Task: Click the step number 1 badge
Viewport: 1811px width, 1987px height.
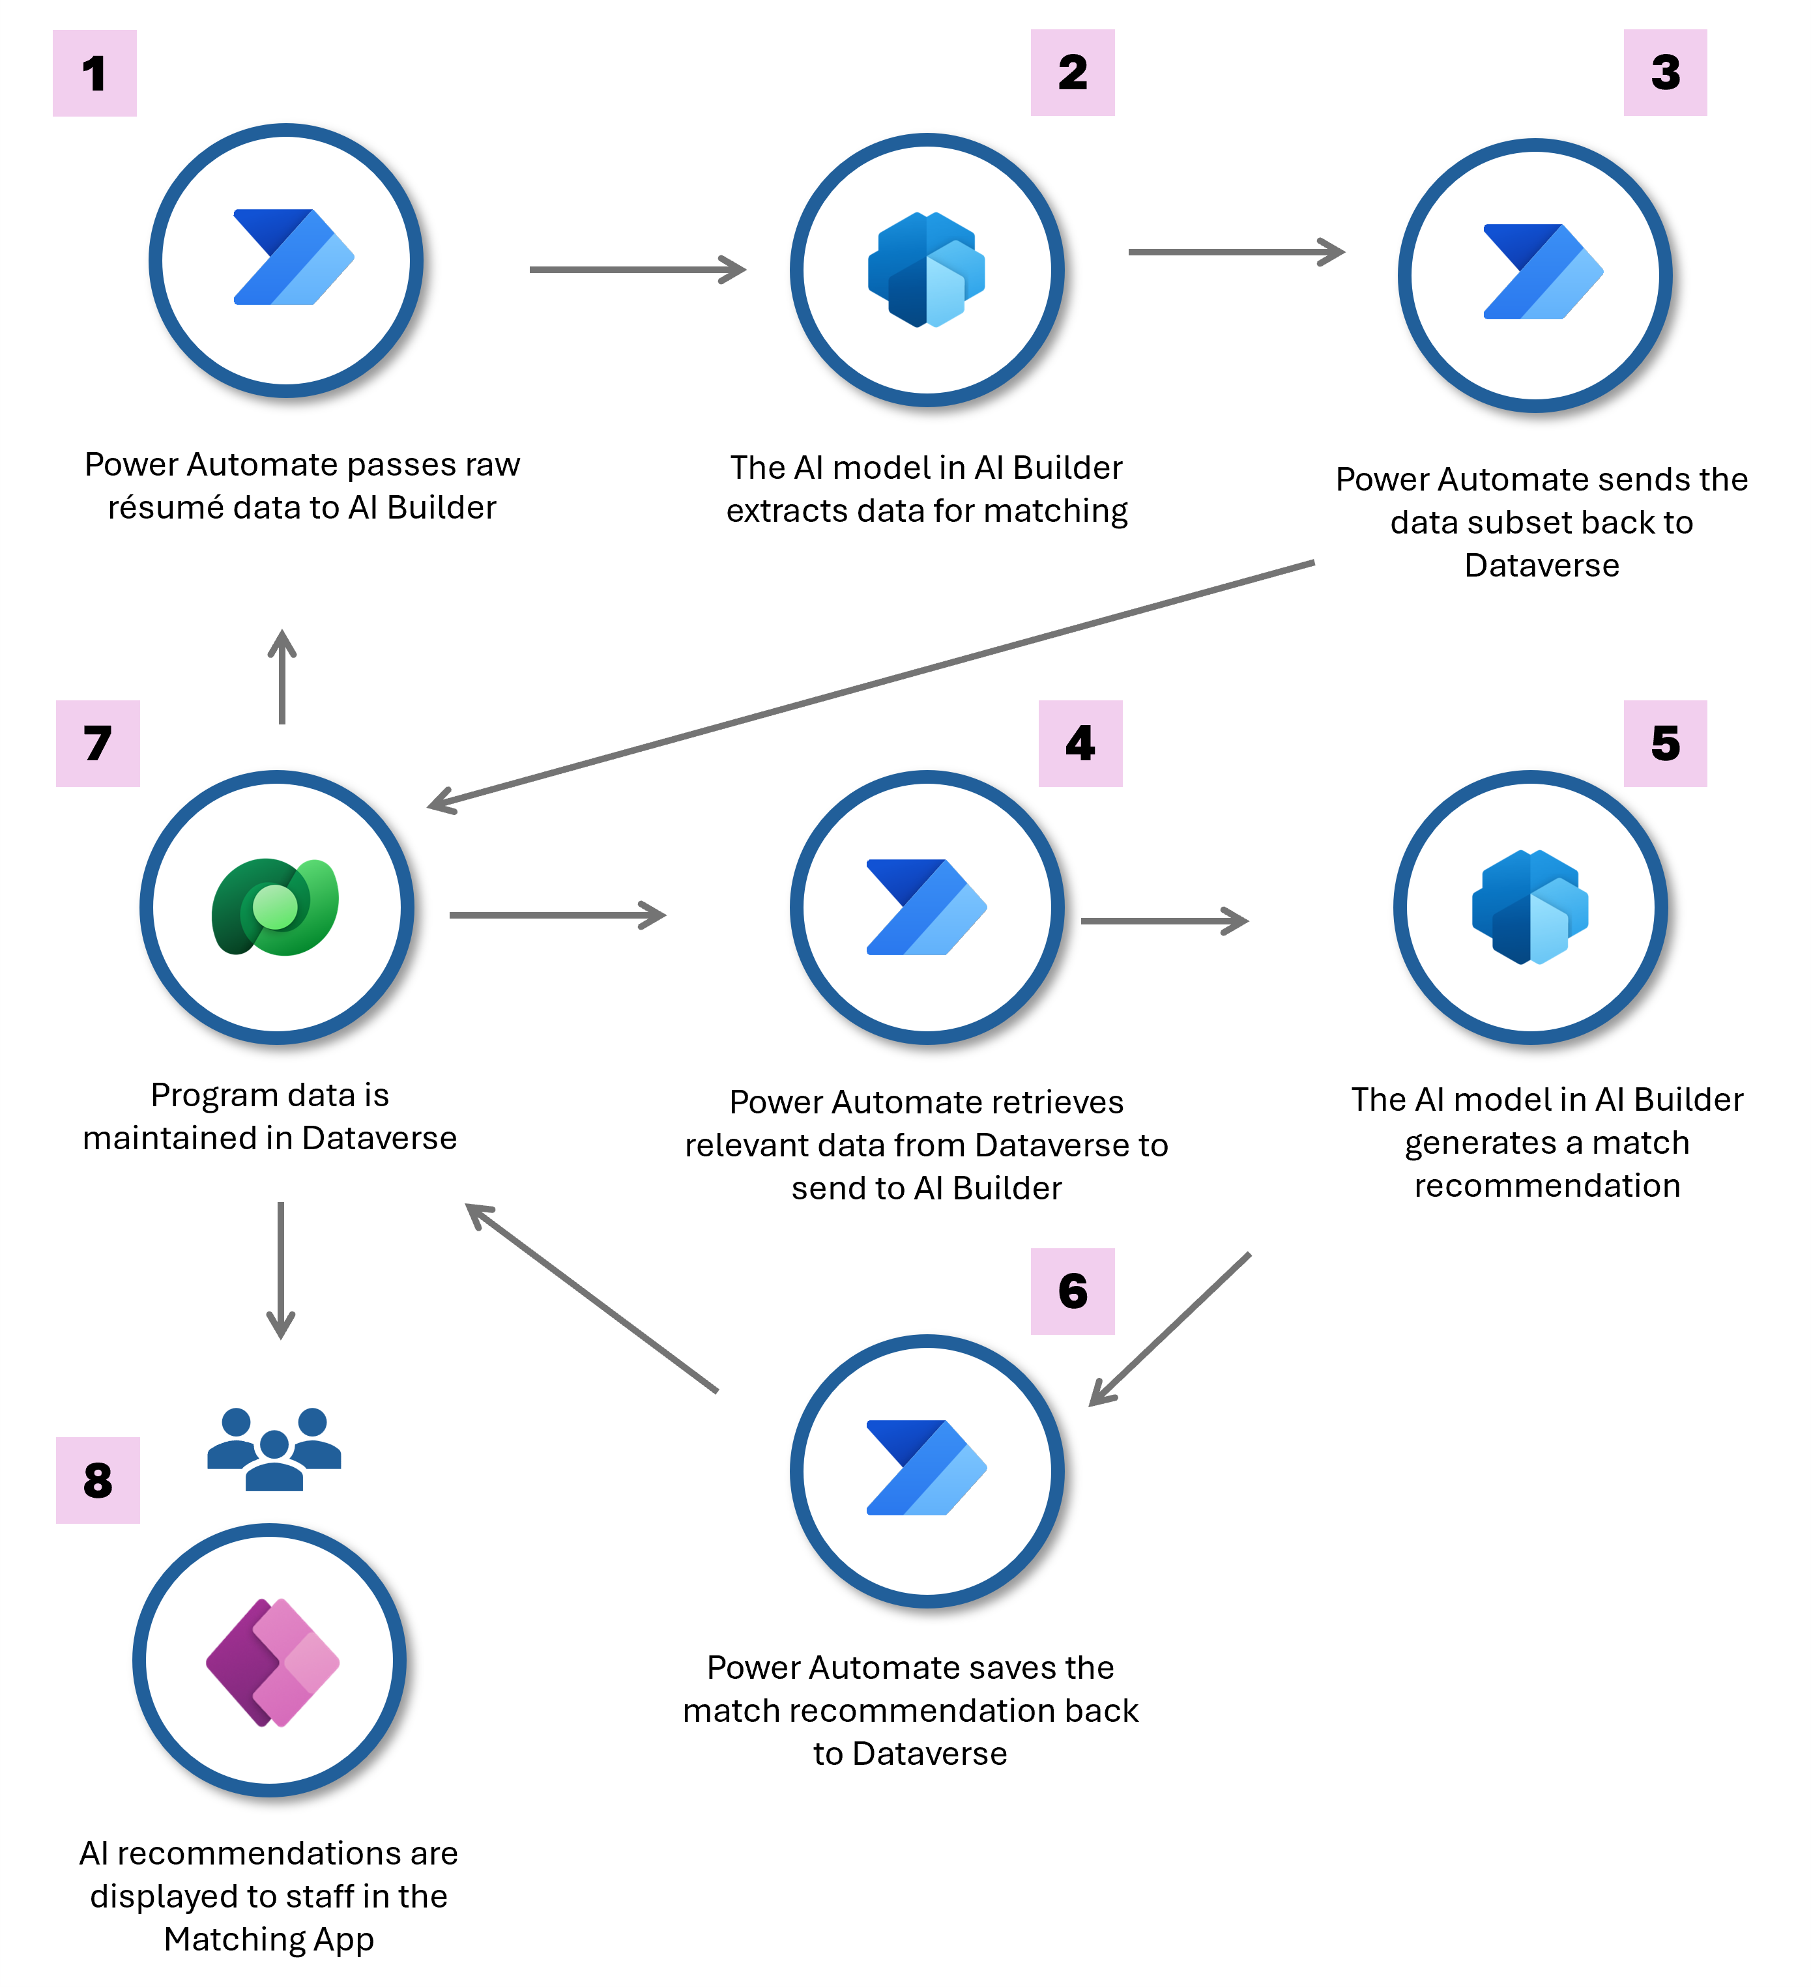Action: [94, 73]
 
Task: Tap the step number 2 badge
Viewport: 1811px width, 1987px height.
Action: [1073, 72]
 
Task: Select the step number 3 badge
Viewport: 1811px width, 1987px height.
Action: [1665, 72]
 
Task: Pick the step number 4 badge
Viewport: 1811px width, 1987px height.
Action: [1080, 743]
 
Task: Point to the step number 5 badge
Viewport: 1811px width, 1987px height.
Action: [1665, 743]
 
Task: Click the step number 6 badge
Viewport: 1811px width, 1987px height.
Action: [1073, 1291]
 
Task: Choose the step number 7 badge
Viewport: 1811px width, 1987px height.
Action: [98, 743]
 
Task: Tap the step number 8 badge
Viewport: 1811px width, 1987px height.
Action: [98, 1480]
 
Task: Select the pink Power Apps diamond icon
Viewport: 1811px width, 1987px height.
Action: [273, 1662]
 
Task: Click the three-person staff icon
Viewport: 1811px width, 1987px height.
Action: [274, 1449]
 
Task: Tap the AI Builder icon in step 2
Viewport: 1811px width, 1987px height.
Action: [927, 269]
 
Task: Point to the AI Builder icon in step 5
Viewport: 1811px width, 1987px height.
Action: [1530, 907]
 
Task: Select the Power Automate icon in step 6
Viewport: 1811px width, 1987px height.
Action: [927, 1468]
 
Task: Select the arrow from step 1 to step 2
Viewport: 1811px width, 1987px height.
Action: [638, 269]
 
